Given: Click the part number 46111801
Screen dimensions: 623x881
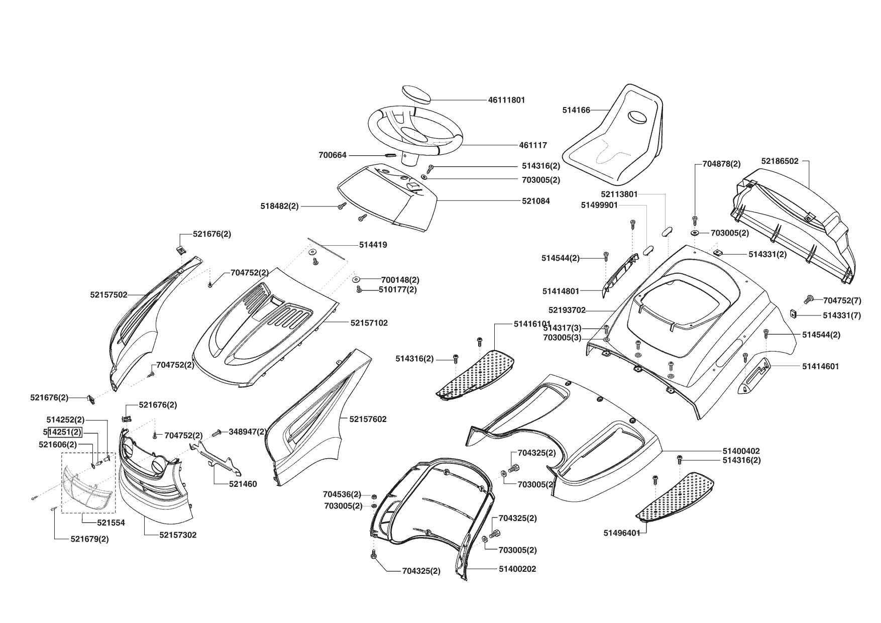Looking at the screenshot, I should pyautogui.click(x=506, y=100).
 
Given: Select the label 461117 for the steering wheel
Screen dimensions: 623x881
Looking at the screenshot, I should pyautogui.click(x=533, y=145).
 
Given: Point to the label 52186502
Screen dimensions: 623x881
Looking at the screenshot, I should pyautogui.click(x=780, y=161).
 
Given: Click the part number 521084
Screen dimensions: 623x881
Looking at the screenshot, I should pyautogui.click(x=535, y=201).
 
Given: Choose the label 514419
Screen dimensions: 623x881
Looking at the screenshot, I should pyautogui.click(x=373, y=245).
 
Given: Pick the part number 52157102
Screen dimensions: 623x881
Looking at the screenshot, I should pyautogui.click(x=369, y=323).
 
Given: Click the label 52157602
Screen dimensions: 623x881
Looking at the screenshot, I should pyautogui.click(x=368, y=419).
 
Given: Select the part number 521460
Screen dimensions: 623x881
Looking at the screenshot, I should pyautogui.click(x=243, y=484).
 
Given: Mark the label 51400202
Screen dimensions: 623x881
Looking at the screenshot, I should pyautogui.click(x=517, y=569).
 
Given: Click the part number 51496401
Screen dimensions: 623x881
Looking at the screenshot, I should pyautogui.click(x=622, y=533).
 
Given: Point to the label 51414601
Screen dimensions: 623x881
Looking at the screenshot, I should pyautogui.click(x=820, y=366).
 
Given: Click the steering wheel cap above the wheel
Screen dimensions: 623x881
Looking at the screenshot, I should pyautogui.click(x=416, y=94).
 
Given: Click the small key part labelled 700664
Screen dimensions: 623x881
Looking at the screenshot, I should pyautogui.click(x=391, y=155).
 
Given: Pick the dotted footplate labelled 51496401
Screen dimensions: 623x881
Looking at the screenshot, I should pyautogui.click(x=677, y=495).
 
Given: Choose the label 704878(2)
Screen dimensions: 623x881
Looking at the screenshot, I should pyautogui.click(x=721, y=164).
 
